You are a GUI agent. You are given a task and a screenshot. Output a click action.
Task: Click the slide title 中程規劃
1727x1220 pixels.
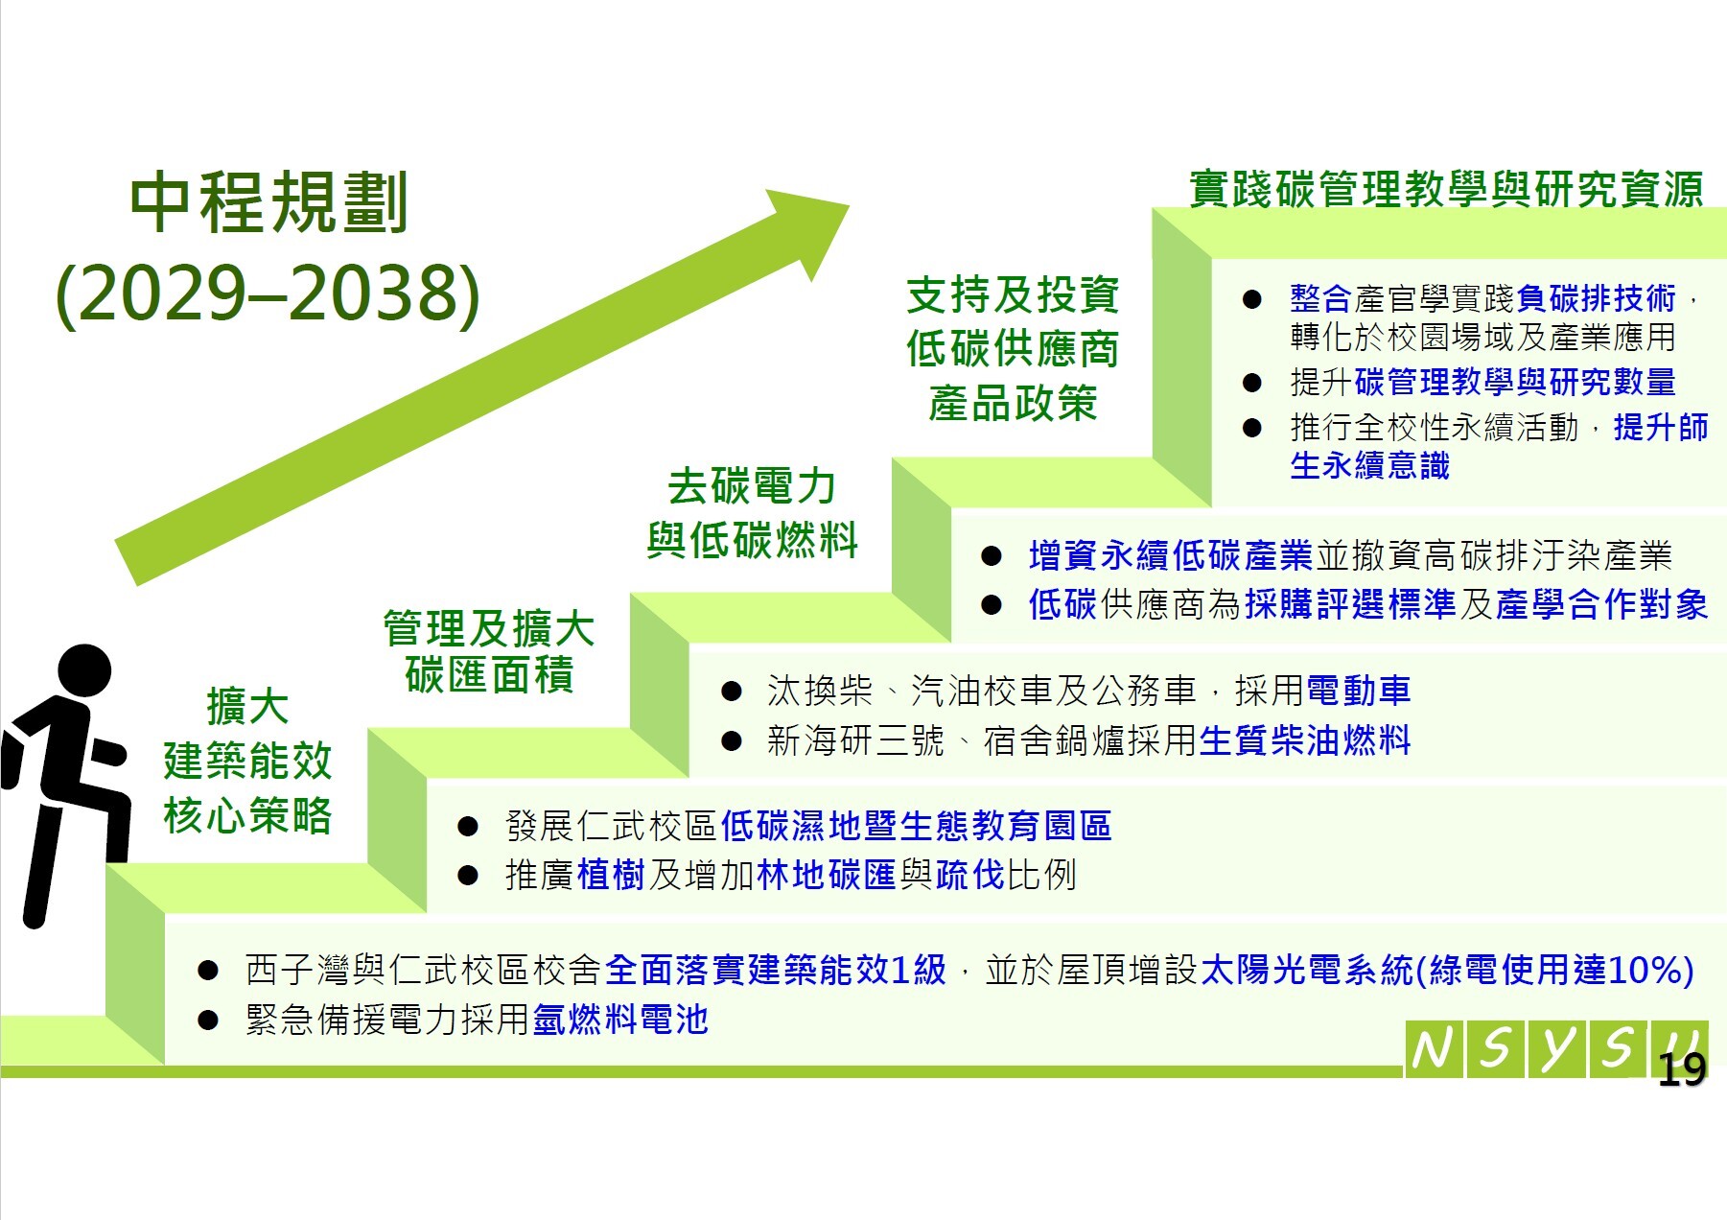[269, 203]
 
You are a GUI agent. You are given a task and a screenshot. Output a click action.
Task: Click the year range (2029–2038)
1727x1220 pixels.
[268, 293]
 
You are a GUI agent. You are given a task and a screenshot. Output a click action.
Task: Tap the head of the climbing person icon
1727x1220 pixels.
[84, 671]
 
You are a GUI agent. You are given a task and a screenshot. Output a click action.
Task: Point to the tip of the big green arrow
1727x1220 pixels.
[850, 204]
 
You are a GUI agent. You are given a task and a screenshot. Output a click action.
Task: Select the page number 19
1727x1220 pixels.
[1681, 1069]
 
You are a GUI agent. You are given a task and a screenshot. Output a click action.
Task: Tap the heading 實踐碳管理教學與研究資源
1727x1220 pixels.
[1446, 189]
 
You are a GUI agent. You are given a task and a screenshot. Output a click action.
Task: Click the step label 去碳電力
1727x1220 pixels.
[752, 486]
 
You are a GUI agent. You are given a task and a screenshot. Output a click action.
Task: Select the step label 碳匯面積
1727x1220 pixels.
[489, 674]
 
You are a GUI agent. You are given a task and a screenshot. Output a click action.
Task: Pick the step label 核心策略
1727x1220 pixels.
[247, 815]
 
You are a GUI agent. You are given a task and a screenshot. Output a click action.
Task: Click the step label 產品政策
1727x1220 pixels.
[1013, 403]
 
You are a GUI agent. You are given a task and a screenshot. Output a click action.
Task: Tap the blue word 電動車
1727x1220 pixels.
[1358, 690]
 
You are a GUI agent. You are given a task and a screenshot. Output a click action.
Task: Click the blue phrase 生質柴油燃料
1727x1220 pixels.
[1305, 739]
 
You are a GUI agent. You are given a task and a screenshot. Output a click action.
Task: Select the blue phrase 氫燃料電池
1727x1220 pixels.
[620, 1019]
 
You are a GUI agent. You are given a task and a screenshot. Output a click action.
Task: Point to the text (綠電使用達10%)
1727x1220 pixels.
[1554, 970]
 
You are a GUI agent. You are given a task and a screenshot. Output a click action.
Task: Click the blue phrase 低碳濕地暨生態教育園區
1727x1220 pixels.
[916, 825]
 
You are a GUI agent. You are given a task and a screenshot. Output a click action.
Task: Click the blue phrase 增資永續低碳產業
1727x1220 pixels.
[1171, 555]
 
